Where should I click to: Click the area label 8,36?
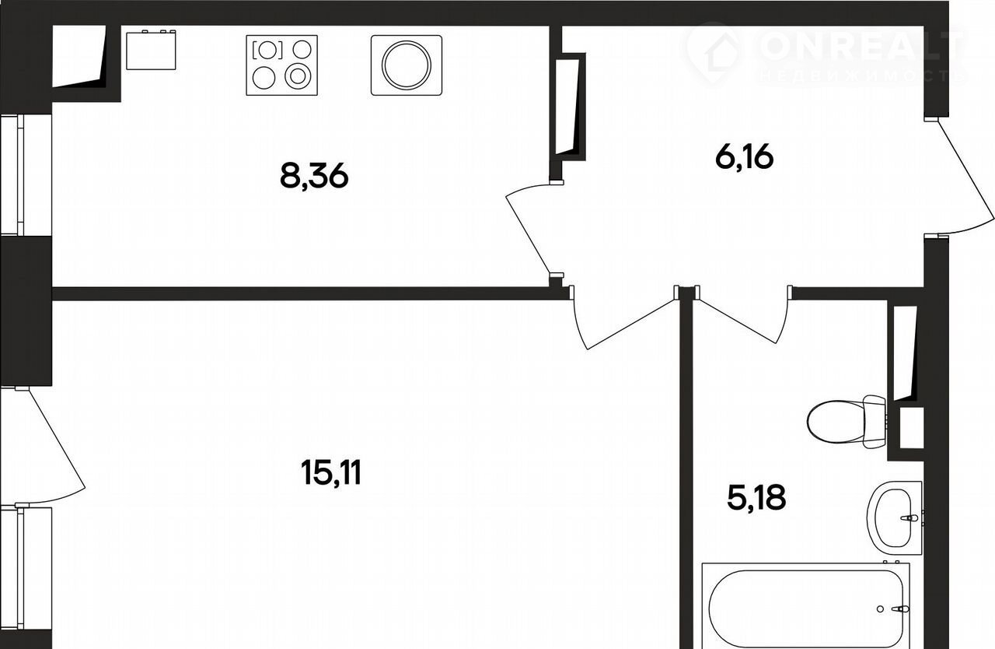pyautogui.click(x=314, y=177)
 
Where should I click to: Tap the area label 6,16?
pyautogui.click(x=745, y=157)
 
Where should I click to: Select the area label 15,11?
pyautogui.click(x=331, y=472)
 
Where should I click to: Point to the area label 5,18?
pyautogui.click(x=757, y=497)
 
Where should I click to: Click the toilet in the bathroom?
pyautogui.click(x=847, y=422)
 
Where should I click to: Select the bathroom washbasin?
pyautogui.click(x=895, y=517)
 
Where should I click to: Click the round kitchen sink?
pyautogui.click(x=407, y=65)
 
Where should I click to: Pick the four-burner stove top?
pyautogui.click(x=281, y=65)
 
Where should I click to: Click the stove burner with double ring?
pyautogui.click(x=297, y=76)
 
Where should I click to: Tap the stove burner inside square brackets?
pyautogui.click(x=267, y=50)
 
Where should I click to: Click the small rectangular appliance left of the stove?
pyautogui.click(x=151, y=50)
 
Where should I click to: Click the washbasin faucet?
pyautogui.click(x=909, y=517)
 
